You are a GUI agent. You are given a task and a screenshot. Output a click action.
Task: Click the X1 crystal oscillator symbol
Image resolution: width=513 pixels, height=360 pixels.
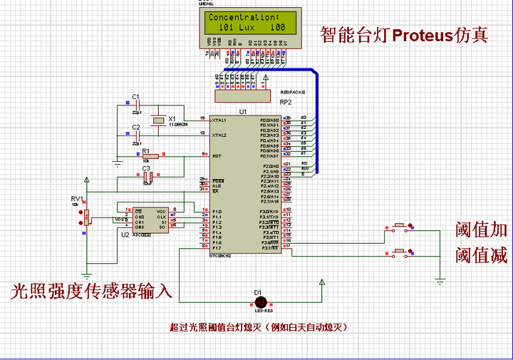tap(159, 120)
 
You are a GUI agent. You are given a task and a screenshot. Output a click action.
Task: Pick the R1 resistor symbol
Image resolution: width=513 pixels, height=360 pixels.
tap(150, 155)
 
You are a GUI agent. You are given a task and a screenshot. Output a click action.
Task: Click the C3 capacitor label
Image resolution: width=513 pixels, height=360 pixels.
tap(146, 168)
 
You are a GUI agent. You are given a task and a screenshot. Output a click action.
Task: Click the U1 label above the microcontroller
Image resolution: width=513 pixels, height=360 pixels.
tap(243, 112)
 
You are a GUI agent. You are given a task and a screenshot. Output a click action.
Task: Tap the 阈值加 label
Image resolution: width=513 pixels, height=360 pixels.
tap(482, 230)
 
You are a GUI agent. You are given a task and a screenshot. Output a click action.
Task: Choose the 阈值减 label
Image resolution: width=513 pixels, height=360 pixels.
tap(482, 254)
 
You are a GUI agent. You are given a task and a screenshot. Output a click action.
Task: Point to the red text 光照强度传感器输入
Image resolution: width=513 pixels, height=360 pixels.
tap(91, 291)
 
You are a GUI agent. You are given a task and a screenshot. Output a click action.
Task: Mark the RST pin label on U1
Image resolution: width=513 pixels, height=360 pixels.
tap(216, 155)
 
